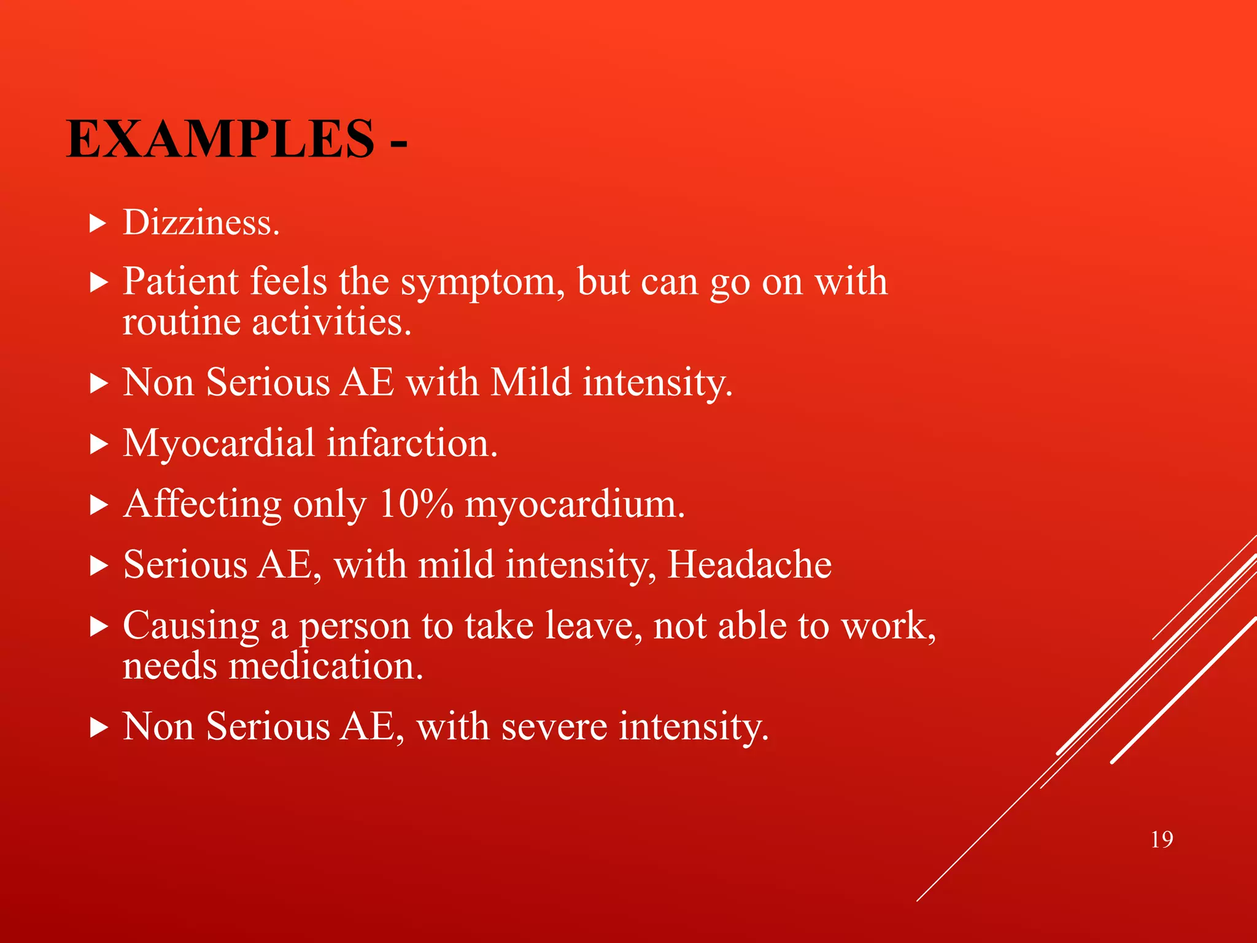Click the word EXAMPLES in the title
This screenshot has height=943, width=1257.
tap(220, 139)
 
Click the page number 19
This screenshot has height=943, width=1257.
tap(1162, 840)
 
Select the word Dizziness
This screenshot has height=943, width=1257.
tap(201, 222)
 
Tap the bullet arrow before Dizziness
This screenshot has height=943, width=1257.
tap(98, 223)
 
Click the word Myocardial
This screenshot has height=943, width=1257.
tap(219, 444)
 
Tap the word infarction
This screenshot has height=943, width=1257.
tap(412, 443)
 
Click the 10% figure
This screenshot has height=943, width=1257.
tap(416, 504)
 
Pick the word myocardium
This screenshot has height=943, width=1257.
tap(574, 505)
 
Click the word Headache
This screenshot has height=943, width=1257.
tap(749, 564)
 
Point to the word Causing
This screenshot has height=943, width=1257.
tap(191, 627)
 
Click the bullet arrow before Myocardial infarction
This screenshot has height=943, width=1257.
tap(98, 444)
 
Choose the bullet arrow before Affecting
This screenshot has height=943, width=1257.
tap(98, 505)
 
